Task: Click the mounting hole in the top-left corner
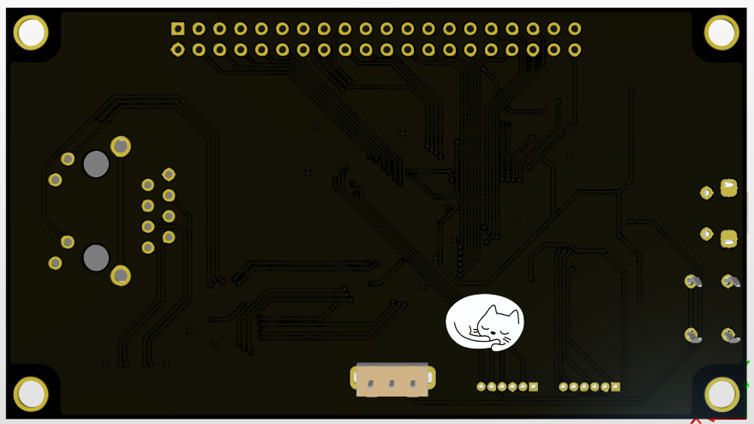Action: pos(31,33)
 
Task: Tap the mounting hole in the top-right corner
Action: pos(721,33)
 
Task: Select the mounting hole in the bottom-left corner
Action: pos(31,394)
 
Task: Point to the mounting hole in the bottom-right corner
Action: pos(721,394)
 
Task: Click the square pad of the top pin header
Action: pos(178,29)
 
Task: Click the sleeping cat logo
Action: pos(485,323)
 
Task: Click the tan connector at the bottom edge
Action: pos(392,379)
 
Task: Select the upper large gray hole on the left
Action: pos(96,164)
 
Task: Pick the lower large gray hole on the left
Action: pos(96,257)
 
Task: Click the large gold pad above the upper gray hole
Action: pos(121,146)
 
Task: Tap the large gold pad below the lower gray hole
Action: pos(121,275)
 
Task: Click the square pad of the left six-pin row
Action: pos(533,387)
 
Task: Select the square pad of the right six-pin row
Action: pos(615,387)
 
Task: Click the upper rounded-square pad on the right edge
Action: pos(728,188)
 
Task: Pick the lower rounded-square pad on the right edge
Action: pos(728,238)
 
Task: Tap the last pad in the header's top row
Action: pos(574,29)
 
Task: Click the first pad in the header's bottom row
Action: pos(178,50)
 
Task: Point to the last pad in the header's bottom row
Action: pos(574,50)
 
